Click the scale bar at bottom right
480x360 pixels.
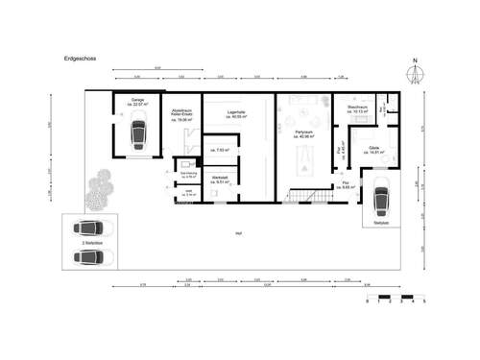point(395,294)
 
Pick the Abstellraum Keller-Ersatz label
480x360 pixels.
point(181,113)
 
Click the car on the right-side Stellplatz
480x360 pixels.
point(380,199)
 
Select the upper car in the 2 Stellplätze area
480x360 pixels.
point(90,229)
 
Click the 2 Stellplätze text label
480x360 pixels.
point(90,244)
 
